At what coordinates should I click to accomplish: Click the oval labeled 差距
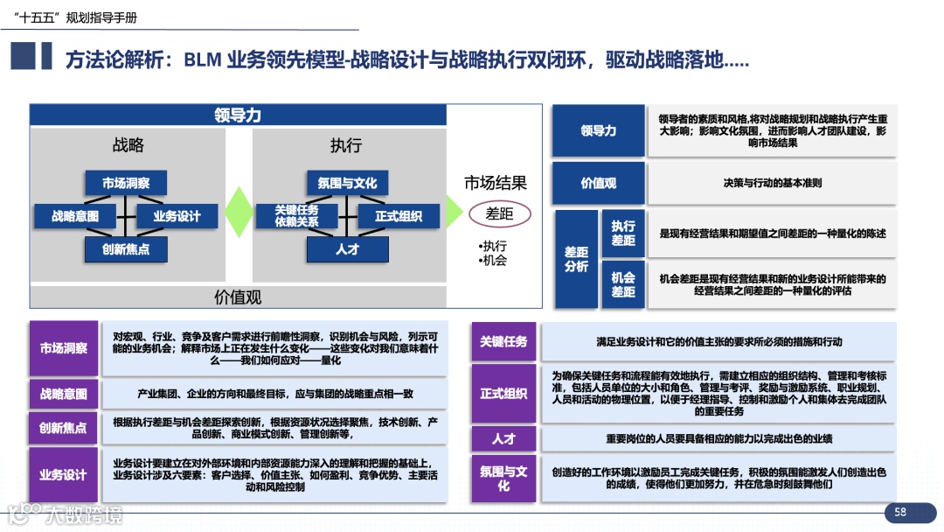(x=499, y=213)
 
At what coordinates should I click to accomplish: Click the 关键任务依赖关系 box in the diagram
(x=296, y=216)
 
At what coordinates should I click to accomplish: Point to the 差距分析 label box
(x=576, y=259)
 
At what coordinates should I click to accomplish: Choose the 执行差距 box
(x=623, y=234)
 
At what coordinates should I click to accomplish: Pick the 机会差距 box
(x=623, y=284)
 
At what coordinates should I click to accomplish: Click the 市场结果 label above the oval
(x=496, y=183)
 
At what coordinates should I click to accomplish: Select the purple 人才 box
(x=503, y=438)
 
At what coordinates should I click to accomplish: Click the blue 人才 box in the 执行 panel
(x=347, y=249)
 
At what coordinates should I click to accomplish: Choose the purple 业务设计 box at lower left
(x=63, y=475)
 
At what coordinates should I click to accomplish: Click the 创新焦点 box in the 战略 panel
(x=126, y=249)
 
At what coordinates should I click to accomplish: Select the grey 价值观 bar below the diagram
(x=238, y=297)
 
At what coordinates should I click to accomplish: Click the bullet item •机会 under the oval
(x=492, y=260)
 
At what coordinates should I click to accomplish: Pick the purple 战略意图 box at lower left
(x=63, y=394)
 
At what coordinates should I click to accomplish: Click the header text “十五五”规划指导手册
(x=76, y=17)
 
